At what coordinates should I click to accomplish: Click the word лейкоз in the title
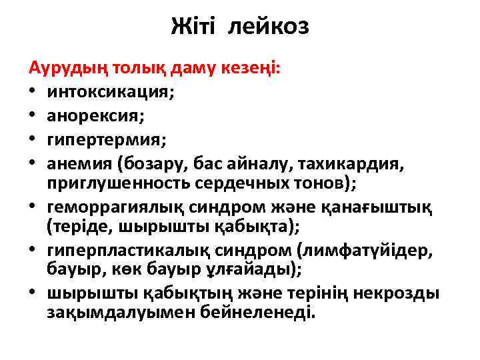(x=269, y=27)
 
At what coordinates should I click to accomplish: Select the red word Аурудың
(x=65, y=69)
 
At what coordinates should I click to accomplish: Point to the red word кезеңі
(x=253, y=69)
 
